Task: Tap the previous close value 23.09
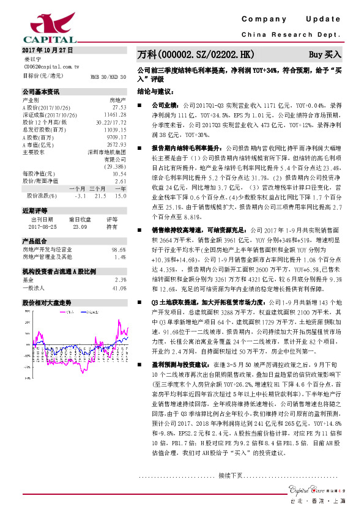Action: (80, 226)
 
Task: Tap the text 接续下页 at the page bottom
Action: (231, 475)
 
